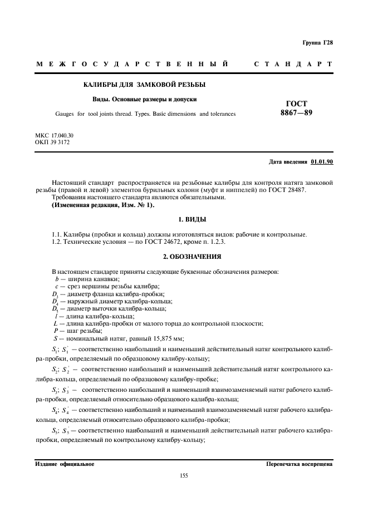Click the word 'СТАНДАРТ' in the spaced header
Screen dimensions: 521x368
point(293,65)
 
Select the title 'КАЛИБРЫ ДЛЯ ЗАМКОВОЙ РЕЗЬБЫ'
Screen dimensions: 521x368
point(144,85)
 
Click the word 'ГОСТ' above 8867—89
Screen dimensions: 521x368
point(296,104)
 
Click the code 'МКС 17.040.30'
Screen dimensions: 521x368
point(55,136)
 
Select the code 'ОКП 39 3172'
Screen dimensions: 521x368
point(52,142)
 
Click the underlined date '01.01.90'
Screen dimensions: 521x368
point(322,162)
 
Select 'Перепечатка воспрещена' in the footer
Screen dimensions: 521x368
point(299,463)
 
